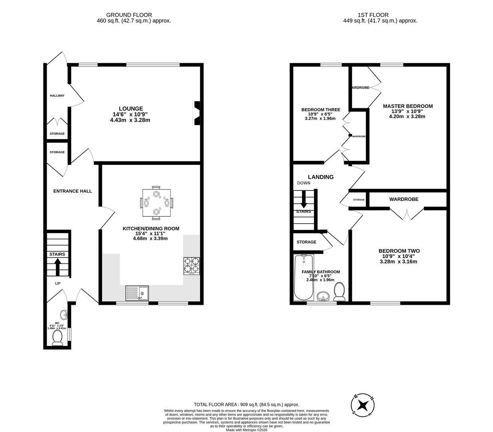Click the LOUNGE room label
pos(130,108)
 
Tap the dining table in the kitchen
pos(156,203)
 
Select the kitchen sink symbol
pos(137,293)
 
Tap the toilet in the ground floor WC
pos(58,338)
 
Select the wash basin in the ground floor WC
pos(64,314)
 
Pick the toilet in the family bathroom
pos(340,292)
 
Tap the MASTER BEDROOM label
pos(408,106)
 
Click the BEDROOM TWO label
pos(399,251)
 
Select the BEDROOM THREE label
pos(320,110)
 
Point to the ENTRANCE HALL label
pos(72,191)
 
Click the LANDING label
pos(320,177)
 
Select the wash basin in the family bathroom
pos(323,296)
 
